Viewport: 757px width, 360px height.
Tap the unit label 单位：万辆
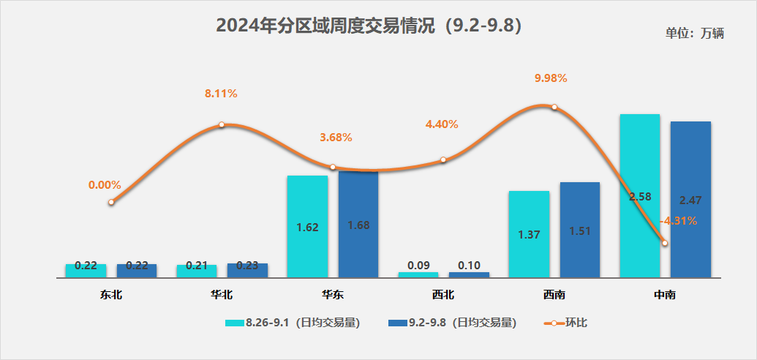694,34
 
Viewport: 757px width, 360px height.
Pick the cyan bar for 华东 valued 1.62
307,227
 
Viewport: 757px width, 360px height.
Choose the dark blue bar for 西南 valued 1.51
579,230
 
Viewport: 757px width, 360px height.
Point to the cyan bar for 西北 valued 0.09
418,274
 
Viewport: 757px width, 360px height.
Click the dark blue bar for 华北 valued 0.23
247,270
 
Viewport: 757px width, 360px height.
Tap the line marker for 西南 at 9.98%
554,107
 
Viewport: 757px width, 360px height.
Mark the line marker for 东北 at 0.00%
111,202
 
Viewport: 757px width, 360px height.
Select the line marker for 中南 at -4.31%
664,243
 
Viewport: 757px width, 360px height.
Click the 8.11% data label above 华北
221,94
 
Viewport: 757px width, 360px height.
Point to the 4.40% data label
442,124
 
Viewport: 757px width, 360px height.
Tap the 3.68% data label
336,138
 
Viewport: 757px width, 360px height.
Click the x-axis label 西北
442,296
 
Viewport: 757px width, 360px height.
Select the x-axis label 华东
332,296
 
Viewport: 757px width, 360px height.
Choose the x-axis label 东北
111,296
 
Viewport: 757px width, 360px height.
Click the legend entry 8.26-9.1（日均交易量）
292,323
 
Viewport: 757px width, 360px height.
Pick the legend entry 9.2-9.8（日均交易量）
453,323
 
